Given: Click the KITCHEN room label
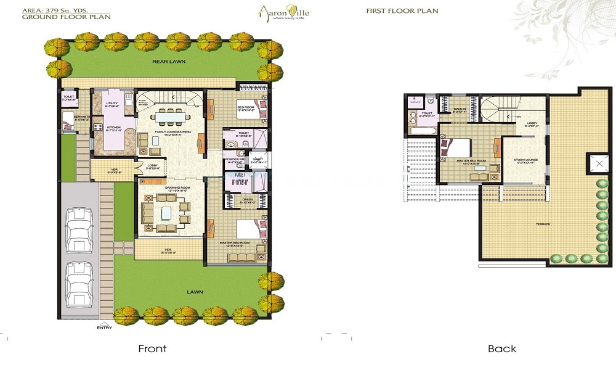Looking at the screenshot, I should (x=113, y=128).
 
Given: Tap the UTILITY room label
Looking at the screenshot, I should (x=111, y=105).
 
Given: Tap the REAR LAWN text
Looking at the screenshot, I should (x=169, y=62).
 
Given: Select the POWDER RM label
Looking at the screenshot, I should (x=234, y=159).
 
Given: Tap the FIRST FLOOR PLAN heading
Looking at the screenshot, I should (x=394, y=11).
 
